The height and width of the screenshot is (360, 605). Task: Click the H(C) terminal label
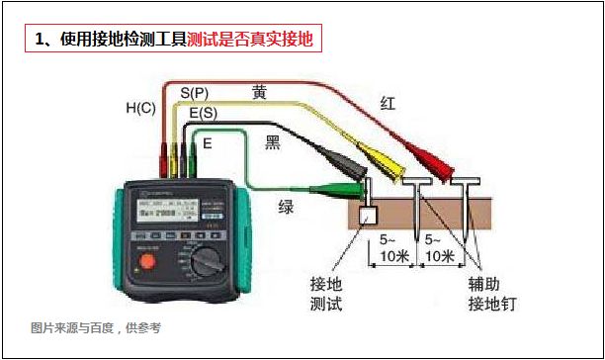[x=140, y=107]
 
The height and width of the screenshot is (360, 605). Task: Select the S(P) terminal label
[x=194, y=92]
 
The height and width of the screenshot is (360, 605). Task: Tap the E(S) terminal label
[x=203, y=114]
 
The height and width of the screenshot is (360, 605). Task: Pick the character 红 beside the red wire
[x=389, y=103]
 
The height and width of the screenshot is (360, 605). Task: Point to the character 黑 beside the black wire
[x=273, y=142]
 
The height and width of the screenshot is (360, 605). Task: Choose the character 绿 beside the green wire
[x=286, y=208]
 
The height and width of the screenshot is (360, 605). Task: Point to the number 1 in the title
[x=40, y=41]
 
